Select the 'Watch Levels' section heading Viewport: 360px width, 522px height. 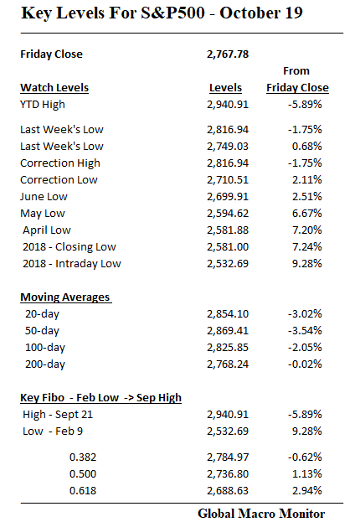(x=54, y=87)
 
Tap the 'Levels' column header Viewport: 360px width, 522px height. (x=225, y=87)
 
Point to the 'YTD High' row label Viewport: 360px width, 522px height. (x=44, y=104)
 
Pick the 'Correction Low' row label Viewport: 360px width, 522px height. (x=59, y=179)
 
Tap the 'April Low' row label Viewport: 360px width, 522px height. (x=48, y=230)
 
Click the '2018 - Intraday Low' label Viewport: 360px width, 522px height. (x=72, y=263)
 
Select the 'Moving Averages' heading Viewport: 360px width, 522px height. (x=65, y=297)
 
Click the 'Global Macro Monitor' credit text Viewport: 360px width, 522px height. (x=260, y=512)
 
